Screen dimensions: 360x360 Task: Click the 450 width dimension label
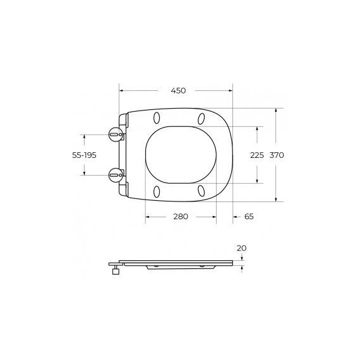[x=178, y=91]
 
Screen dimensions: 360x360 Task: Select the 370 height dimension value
[x=277, y=155]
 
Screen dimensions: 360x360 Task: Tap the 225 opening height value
[x=257, y=155]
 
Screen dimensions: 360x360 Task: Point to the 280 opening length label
[x=181, y=217]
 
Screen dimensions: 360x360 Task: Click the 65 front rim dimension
[x=249, y=217]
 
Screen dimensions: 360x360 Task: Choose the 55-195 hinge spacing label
[x=84, y=155]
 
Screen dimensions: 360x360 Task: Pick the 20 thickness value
[x=241, y=248]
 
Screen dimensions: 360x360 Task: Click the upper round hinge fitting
[x=116, y=135]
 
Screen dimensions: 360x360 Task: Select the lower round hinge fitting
[x=116, y=175]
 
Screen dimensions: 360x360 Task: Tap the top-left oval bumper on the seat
[x=157, y=118]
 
